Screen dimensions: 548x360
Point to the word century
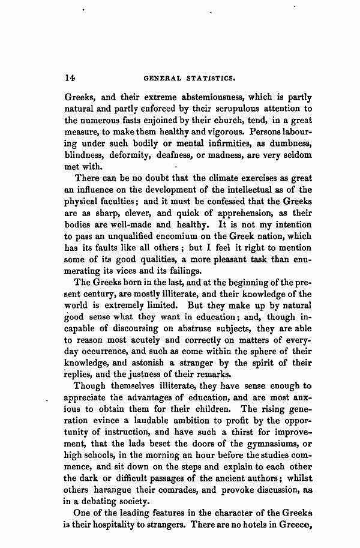pyautogui.click(x=102, y=294)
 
